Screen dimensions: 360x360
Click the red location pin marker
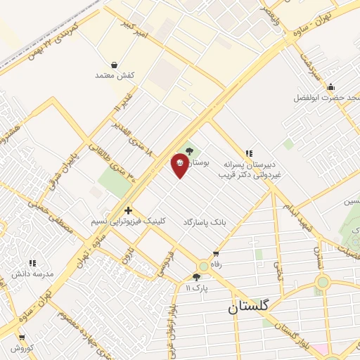tap(180, 165)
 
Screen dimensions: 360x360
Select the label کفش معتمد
tap(105, 75)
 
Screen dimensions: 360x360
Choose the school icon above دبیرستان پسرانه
tap(248, 153)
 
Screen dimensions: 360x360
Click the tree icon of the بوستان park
tap(188, 150)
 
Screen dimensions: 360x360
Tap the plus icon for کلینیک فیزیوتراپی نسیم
tap(128, 210)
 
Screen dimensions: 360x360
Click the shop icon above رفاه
tap(216, 254)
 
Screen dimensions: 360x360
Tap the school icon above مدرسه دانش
tap(32, 262)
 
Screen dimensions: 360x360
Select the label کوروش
tap(22, 348)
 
